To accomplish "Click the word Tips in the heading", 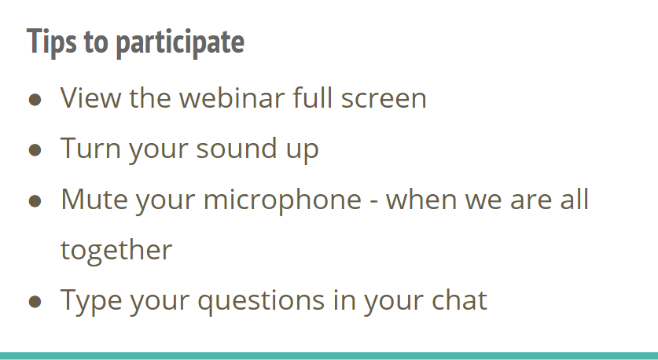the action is pyautogui.click(x=52, y=42).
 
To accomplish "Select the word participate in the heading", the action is pyautogui.click(x=180, y=42).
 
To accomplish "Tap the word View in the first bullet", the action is pyautogui.click(x=90, y=97).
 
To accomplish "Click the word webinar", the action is pyautogui.click(x=232, y=97).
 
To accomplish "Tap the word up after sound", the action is pyautogui.click(x=302, y=151).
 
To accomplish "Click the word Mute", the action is pyautogui.click(x=94, y=199).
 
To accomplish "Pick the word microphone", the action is pyautogui.click(x=282, y=200).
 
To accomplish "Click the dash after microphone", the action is pyautogui.click(x=374, y=202).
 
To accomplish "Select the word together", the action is pyautogui.click(x=116, y=251).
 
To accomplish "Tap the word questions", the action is pyautogui.click(x=261, y=302).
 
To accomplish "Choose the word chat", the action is pyautogui.click(x=459, y=299).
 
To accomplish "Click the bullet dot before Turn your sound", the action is pyautogui.click(x=35, y=150).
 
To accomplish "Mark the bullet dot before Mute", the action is pyautogui.click(x=35, y=201).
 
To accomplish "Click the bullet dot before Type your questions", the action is pyautogui.click(x=35, y=302).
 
